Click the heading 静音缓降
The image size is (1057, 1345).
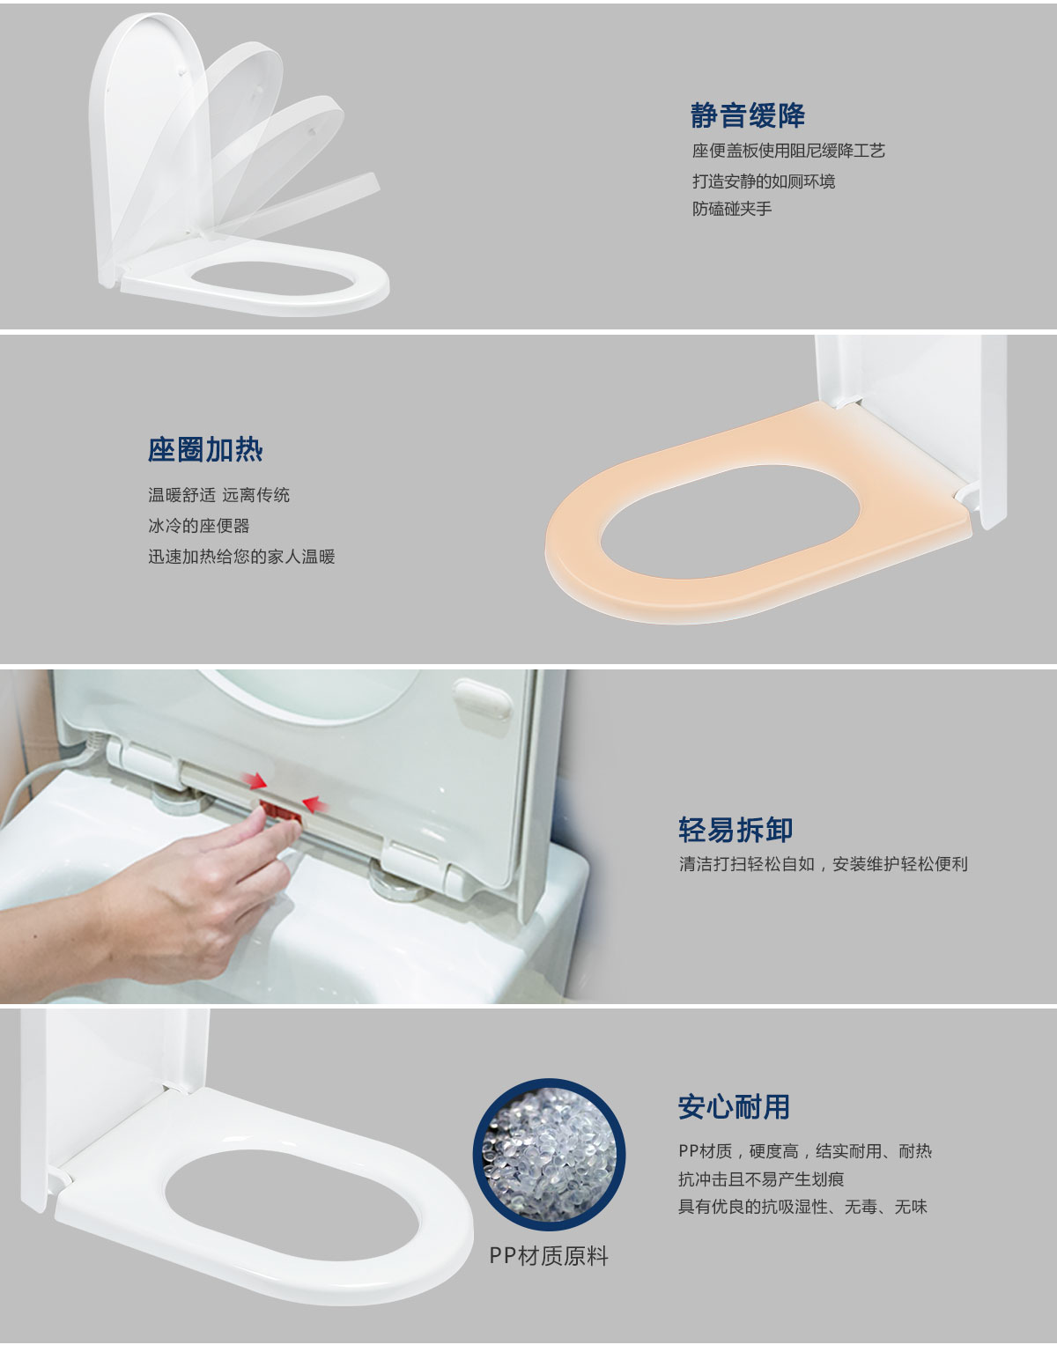tap(748, 115)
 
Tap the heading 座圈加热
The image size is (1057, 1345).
tap(205, 449)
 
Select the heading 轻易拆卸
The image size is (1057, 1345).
tap(735, 830)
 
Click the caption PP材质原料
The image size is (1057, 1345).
tap(548, 1256)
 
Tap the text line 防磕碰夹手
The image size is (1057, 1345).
tap(732, 209)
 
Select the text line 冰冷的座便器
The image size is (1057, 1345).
tap(199, 526)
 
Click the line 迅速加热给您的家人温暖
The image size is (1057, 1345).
tap(241, 557)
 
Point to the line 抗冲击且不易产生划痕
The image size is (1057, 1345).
tap(761, 1179)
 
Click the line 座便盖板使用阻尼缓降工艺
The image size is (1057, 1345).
tap(788, 151)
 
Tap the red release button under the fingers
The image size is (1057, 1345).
tap(280, 811)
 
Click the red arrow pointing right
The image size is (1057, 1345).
tap(254, 781)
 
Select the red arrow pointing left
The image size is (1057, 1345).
tap(315, 804)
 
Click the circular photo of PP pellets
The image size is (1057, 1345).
tap(549, 1155)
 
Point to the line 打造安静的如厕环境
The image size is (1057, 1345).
tap(764, 181)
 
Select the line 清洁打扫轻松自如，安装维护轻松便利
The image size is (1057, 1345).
tap(823, 864)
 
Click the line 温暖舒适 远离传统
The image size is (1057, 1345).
tap(218, 494)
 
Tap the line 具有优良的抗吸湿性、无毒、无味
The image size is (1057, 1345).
tap(802, 1207)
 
